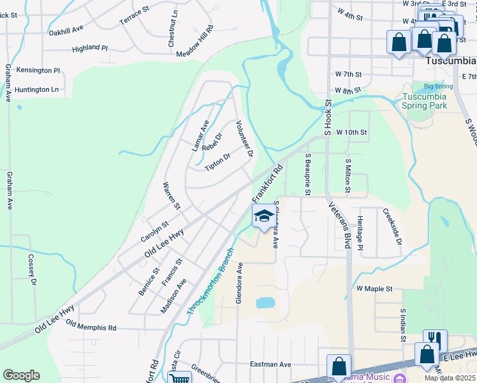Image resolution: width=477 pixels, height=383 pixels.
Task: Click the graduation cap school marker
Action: tap(263, 216)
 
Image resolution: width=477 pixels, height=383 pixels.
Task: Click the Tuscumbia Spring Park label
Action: tap(424, 101)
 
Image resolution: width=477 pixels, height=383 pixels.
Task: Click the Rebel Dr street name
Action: tap(211, 142)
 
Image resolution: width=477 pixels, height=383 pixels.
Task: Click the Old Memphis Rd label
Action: tap(91, 327)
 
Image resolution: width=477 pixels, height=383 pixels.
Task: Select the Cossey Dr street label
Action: tap(31, 270)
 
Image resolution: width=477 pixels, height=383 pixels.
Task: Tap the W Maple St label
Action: tap(374, 289)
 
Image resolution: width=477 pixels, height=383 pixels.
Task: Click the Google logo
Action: tap(21, 375)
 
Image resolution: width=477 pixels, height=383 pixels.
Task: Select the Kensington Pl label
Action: tap(38, 70)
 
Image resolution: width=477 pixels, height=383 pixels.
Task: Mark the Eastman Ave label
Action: tap(270, 364)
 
